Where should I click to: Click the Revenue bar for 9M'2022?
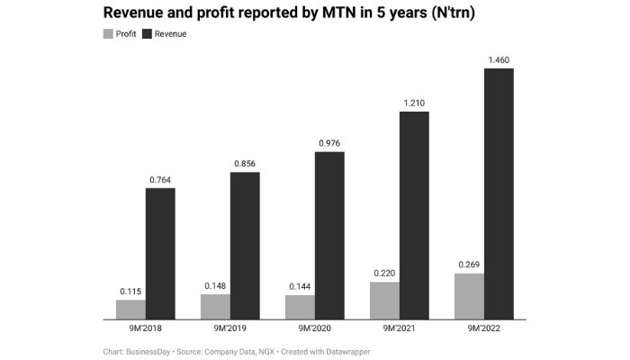pyautogui.click(x=499, y=193)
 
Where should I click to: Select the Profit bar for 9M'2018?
pyautogui.click(x=130, y=310)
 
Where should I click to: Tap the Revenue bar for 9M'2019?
pyautogui.click(x=245, y=246)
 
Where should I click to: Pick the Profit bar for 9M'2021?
pyautogui.click(x=384, y=301)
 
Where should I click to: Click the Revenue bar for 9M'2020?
pyautogui.click(x=329, y=235)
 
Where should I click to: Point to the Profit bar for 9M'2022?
pyautogui.click(x=469, y=296)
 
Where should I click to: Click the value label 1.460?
pyautogui.click(x=499, y=59)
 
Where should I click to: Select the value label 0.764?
pyautogui.click(x=160, y=179)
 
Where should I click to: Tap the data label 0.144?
pyautogui.click(x=300, y=286)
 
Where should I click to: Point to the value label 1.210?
pyautogui.click(x=414, y=103)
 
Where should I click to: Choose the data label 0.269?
pyautogui.click(x=469, y=265)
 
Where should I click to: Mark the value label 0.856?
pyautogui.click(x=245, y=164)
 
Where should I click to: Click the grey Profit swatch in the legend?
pyautogui.click(x=109, y=34)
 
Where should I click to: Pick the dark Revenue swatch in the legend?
pyautogui.click(x=148, y=34)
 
